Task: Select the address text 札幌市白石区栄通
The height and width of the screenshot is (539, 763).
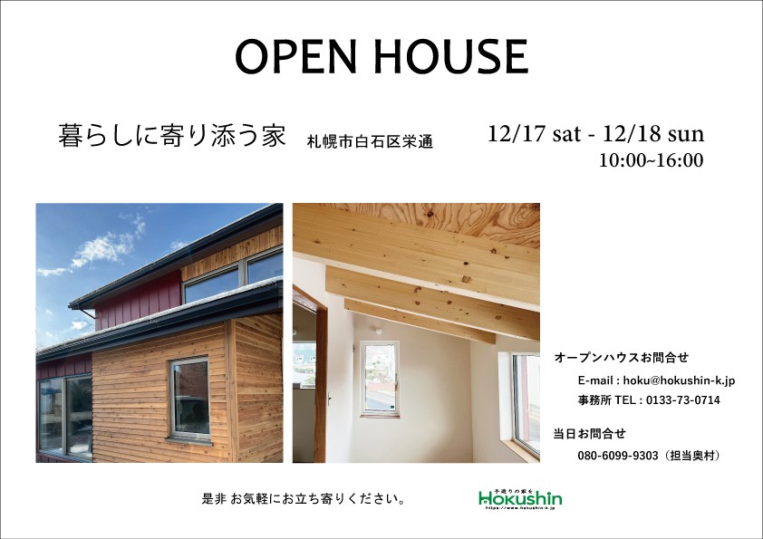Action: (x=369, y=142)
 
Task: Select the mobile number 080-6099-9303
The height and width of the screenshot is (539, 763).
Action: (x=617, y=456)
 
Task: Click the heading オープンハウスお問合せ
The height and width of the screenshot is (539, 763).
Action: (x=614, y=358)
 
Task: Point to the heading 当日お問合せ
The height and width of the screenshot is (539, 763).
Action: (x=589, y=433)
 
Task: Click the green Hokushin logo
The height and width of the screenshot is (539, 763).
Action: (x=520, y=498)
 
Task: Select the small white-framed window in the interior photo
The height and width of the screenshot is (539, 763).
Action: (x=379, y=378)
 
